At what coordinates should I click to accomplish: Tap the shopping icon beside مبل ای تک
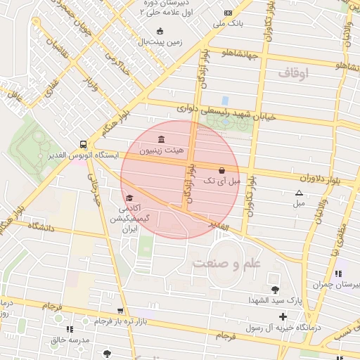[x=222, y=170]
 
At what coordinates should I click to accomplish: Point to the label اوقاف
[x=293, y=72]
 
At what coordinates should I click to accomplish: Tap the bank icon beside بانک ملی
[x=228, y=13]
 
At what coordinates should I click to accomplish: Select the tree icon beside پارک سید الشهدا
[x=274, y=289]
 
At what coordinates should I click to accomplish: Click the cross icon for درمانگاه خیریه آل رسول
[x=283, y=316]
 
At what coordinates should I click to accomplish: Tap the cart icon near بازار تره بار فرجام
[x=120, y=310]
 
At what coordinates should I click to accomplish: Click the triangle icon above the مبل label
[x=300, y=193]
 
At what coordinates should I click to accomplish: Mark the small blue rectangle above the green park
[x=225, y=101]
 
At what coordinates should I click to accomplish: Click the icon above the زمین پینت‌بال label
[x=160, y=30]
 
